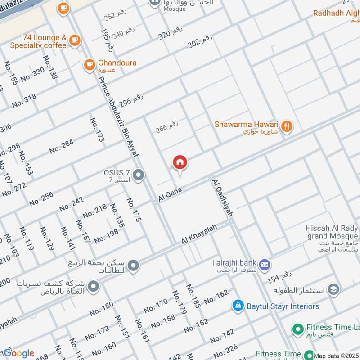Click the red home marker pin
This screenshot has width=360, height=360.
pyautogui.click(x=180, y=162)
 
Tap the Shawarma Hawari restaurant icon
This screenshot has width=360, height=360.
pyautogui.click(x=287, y=126)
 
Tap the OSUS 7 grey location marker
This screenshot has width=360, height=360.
pyautogui.click(x=139, y=174)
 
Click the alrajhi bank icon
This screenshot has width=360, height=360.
pyautogui.click(x=265, y=263)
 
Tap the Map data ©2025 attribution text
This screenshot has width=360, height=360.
pyautogui.click(x=336, y=355)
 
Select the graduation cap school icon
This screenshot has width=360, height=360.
pyautogui.click(x=333, y=288)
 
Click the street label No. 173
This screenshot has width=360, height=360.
pyautogui.click(x=97, y=130)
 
